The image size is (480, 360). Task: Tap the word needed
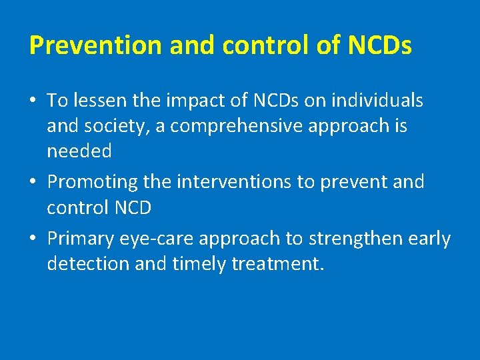(79, 151)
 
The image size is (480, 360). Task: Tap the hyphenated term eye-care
(166, 239)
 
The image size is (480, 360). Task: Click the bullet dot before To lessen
(33, 101)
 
